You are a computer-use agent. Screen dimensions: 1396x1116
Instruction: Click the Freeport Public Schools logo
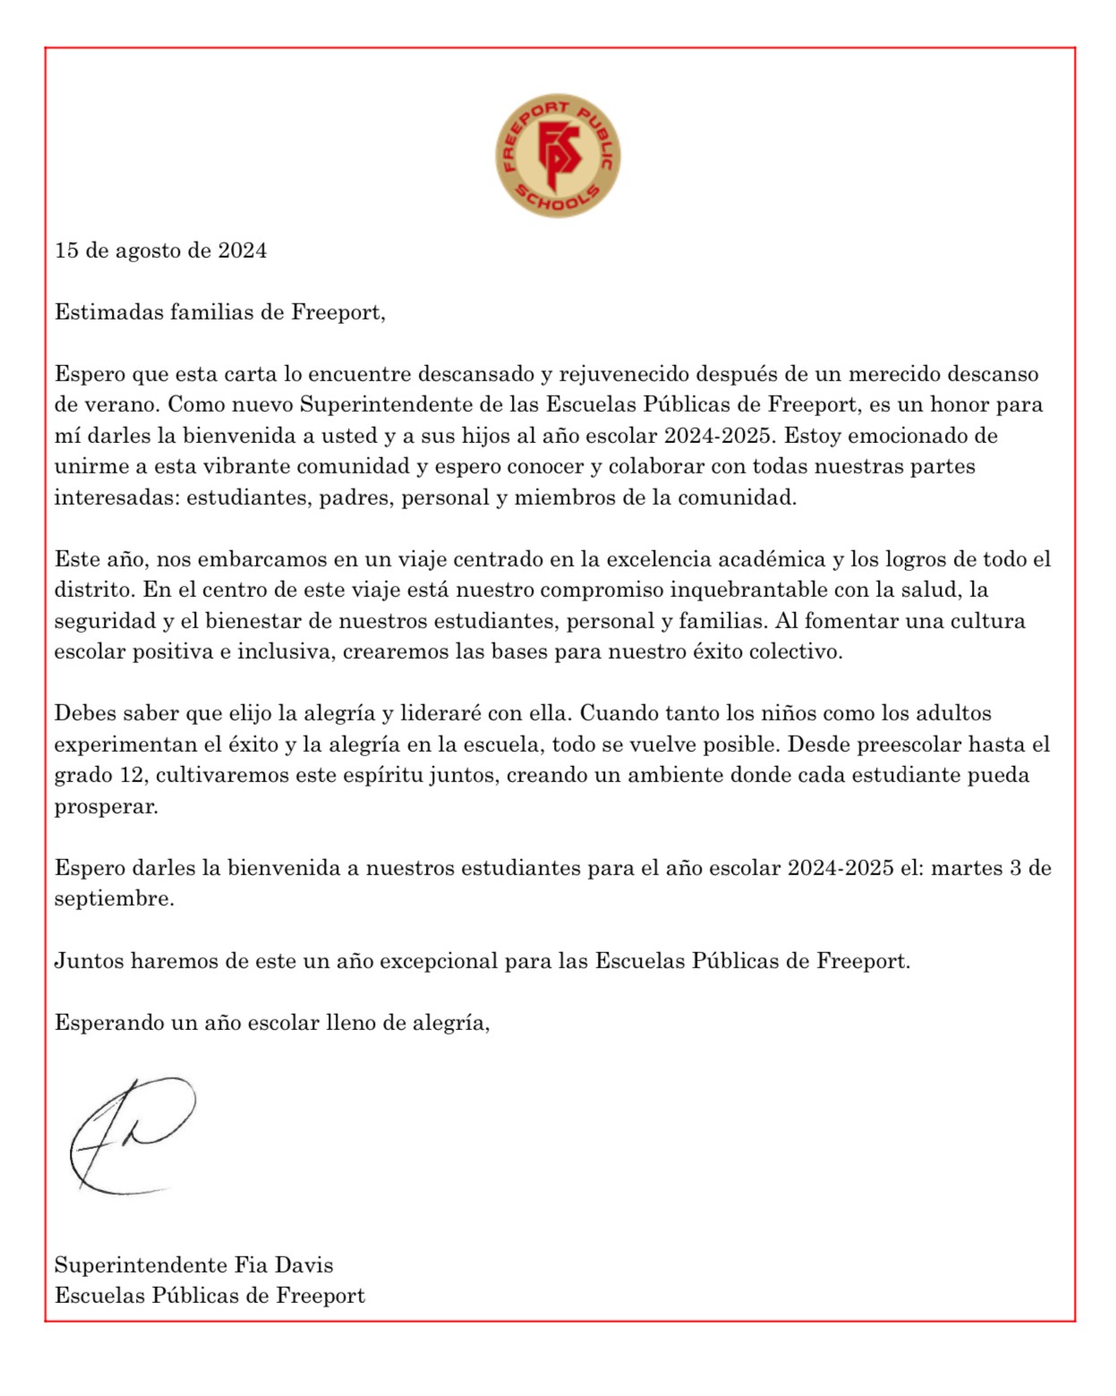coord(558,156)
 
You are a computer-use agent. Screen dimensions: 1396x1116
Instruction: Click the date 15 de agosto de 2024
coord(161,251)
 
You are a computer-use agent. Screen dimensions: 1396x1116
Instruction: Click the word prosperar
coord(106,806)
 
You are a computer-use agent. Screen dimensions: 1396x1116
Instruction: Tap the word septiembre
coord(114,898)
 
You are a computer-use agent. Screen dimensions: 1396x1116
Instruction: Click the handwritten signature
coord(131,1135)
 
